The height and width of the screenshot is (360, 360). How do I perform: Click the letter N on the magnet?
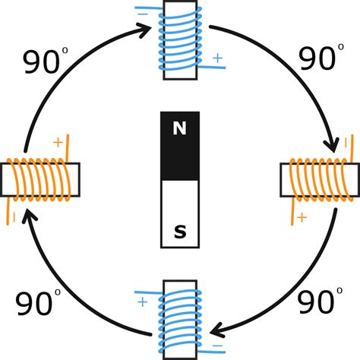click(x=179, y=129)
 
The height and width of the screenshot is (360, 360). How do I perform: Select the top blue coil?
click(x=180, y=41)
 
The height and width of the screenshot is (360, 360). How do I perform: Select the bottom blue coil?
click(x=180, y=317)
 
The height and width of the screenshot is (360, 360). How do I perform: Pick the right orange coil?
click(x=320, y=179)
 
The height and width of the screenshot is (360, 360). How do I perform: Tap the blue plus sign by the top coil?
click(x=218, y=58)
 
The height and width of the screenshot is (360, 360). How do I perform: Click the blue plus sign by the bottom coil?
click(x=142, y=302)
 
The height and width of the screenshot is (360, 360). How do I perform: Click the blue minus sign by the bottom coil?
click(x=218, y=346)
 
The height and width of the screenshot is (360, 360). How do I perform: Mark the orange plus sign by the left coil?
click(x=58, y=142)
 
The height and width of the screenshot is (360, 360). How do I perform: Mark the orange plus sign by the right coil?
click(x=302, y=218)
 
